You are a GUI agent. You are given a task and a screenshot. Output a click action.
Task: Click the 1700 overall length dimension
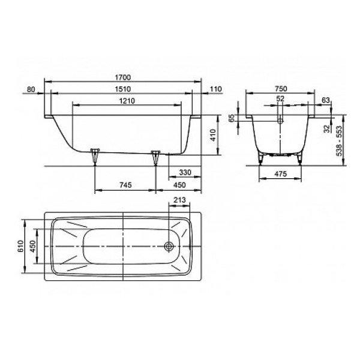pyautogui.click(x=122, y=77)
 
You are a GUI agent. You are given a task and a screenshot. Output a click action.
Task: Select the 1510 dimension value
pyautogui.click(x=122, y=89)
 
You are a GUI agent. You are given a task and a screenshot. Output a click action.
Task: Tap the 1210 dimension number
pyautogui.click(x=127, y=101)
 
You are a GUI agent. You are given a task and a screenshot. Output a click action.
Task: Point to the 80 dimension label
pyautogui.click(x=31, y=89)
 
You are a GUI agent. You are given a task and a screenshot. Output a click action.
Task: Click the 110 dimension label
pyautogui.click(x=216, y=89)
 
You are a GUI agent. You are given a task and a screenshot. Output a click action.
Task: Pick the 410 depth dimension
pyautogui.click(x=213, y=135)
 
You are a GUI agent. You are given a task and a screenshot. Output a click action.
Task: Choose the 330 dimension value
pyautogui.click(x=185, y=172)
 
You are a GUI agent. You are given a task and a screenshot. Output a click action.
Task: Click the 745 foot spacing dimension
pyautogui.click(x=125, y=185)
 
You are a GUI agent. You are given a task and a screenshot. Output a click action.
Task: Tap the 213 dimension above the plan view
pyautogui.click(x=179, y=200)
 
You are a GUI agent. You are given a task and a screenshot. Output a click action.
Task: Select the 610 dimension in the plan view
pyautogui.click(x=20, y=246)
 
